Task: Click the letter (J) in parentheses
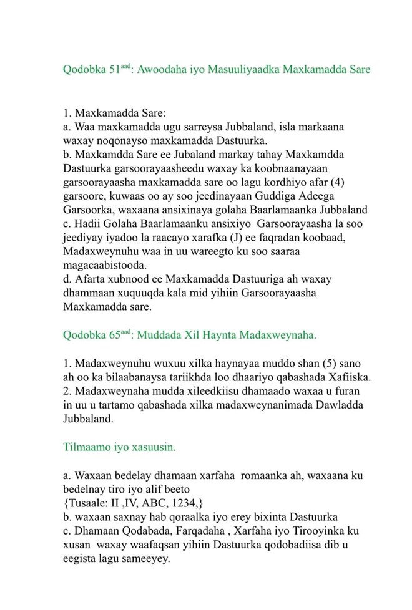click(x=238, y=238)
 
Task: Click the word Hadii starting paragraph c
click(x=87, y=223)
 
